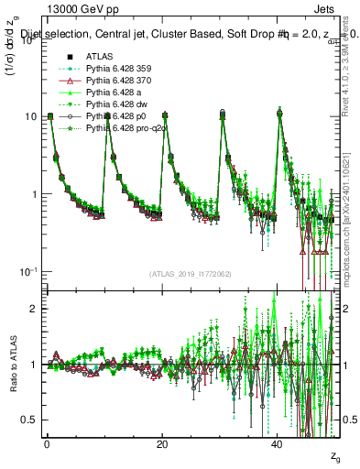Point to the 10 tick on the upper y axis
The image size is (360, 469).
pos(31,116)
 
